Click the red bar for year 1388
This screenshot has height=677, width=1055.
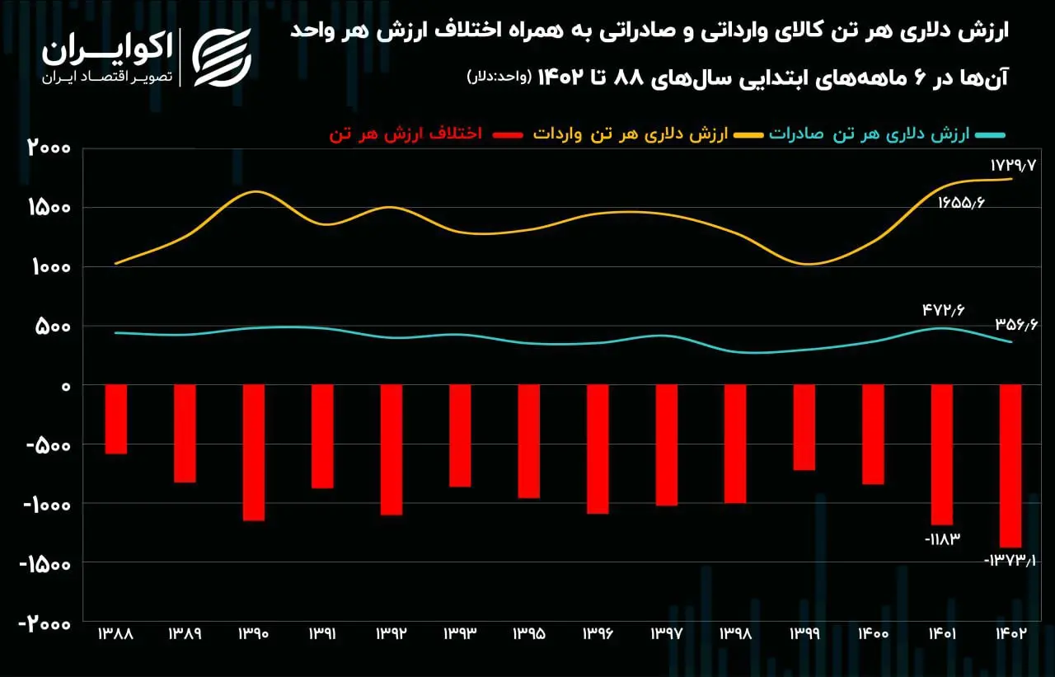click(x=116, y=419)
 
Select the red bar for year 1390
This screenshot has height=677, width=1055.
click(x=254, y=453)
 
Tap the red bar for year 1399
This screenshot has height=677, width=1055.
click(x=804, y=427)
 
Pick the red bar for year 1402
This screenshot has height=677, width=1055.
click(x=1010, y=466)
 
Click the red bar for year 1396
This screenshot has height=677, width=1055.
click(x=598, y=449)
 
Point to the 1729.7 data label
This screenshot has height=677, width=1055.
click(x=1013, y=166)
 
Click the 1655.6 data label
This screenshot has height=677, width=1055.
click(x=961, y=203)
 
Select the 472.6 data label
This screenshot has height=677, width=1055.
click(x=944, y=310)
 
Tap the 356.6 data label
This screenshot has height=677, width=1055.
click(x=1016, y=325)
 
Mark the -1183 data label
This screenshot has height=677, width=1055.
click(x=942, y=539)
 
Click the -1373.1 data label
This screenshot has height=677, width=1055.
click(x=1010, y=560)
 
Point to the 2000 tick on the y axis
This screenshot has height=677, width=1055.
click(x=49, y=148)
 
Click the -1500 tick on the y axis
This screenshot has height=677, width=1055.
click(x=45, y=563)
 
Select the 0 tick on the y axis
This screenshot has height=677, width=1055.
click(x=66, y=387)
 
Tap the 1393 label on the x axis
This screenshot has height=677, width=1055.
click(x=460, y=633)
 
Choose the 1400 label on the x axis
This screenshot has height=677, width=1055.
click(x=873, y=633)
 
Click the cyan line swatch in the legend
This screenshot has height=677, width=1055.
click(x=991, y=135)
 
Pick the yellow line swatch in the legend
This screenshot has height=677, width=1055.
click(x=748, y=135)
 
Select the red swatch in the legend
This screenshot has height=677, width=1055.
click(x=508, y=135)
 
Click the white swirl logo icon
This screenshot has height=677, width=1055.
click(x=222, y=58)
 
